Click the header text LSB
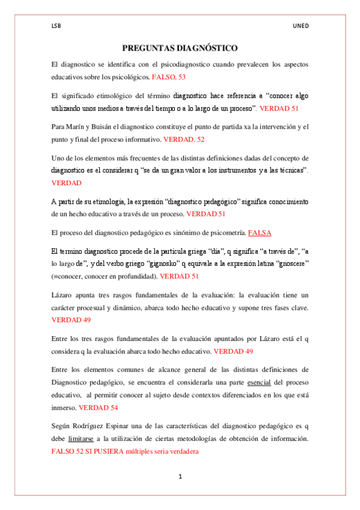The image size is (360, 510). (56, 26)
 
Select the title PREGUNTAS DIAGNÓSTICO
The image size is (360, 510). (180, 48)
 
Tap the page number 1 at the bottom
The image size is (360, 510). (180, 476)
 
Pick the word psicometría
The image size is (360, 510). (224, 232)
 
